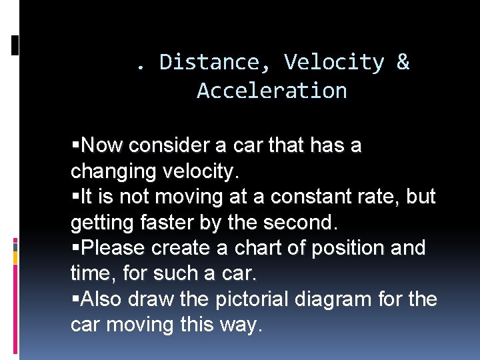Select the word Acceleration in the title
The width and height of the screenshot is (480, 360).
coord(272,91)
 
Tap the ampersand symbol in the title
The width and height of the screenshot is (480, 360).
coord(403,62)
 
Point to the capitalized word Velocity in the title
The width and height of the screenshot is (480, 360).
coord(334,62)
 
